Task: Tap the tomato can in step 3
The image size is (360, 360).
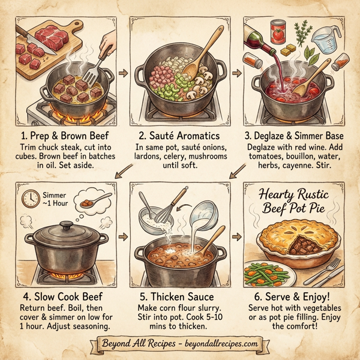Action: (278, 31)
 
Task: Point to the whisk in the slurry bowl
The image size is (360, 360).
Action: (158, 207)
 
